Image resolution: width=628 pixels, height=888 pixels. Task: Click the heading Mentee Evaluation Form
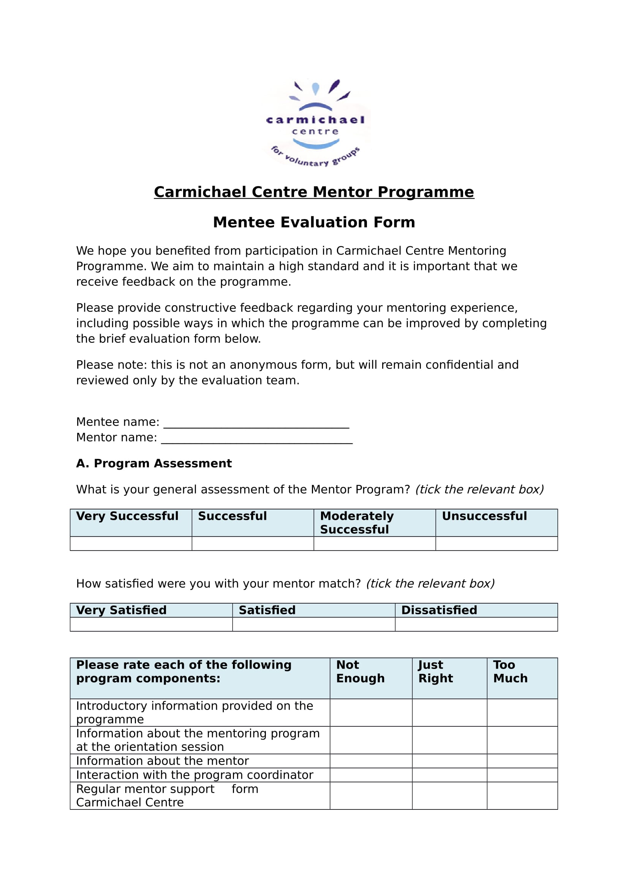[x=314, y=222]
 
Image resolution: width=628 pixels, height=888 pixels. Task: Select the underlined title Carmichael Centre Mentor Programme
[x=314, y=192]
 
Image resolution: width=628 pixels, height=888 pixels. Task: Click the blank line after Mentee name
[x=256, y=422]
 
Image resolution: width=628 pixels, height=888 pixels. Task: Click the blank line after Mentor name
[x=256, y=438]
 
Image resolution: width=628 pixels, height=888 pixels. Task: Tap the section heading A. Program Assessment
[x=153, y=463]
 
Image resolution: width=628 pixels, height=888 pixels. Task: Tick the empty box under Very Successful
[x=131, y=543]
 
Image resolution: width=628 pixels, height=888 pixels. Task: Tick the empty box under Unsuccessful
[x=497, y=543]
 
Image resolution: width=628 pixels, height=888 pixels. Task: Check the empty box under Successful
[x=253, y=543]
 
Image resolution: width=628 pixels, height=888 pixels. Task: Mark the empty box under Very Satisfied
[x=151, y=624]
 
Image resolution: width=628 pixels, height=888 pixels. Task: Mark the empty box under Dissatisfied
[x=476, y=624]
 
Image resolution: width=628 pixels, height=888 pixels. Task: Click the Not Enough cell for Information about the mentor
[x=371, y=761]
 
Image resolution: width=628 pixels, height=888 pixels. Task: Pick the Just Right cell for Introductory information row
[x=449, y=712]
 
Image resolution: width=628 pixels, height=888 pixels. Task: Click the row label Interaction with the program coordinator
[x=194, y=775]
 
